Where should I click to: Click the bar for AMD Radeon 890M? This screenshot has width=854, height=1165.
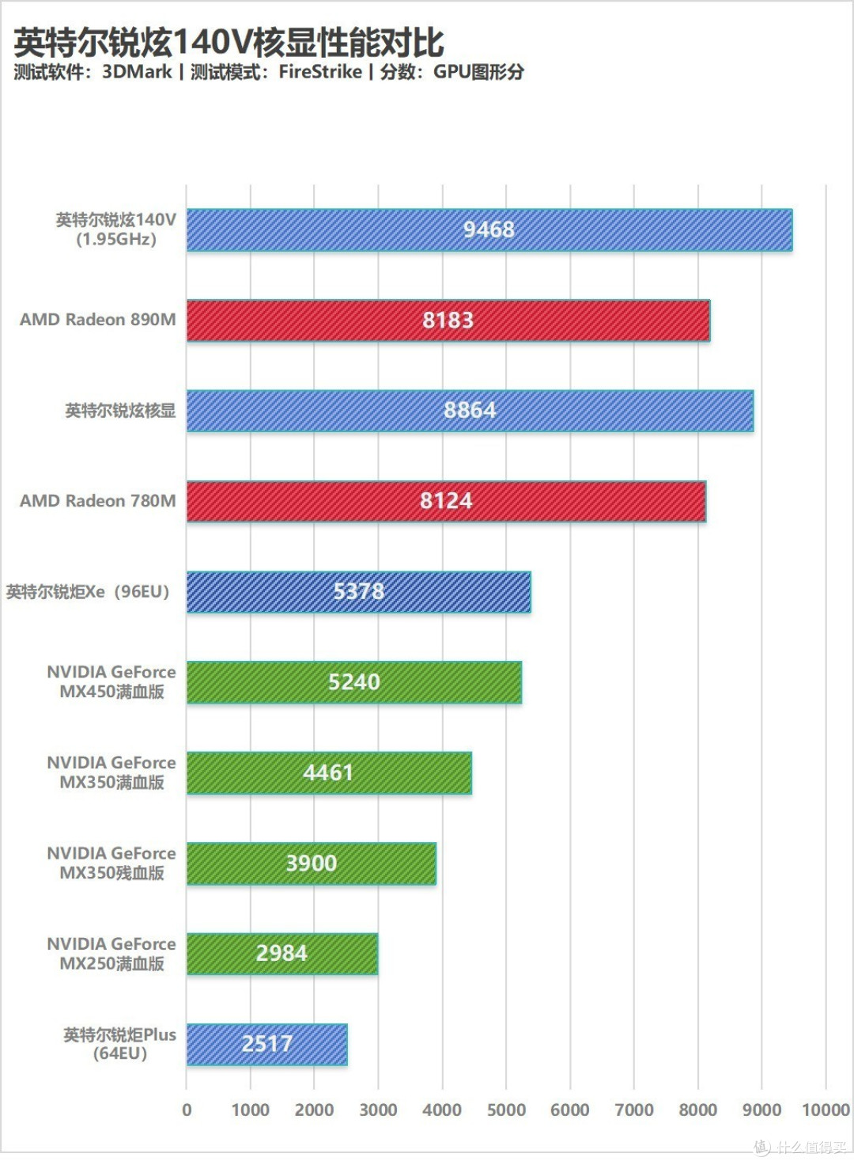coord(448,321)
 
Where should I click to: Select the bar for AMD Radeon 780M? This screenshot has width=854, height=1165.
coord(446,501)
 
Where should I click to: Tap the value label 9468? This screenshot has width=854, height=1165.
coord(489,230)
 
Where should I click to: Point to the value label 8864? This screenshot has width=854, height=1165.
coord(470,410)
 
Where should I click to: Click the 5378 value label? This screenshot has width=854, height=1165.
coord(359,592)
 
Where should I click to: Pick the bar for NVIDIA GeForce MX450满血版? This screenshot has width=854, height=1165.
coord(354,682)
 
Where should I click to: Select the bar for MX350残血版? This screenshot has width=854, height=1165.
coord(312,863)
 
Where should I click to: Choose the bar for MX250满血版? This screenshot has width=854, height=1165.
coord(282,954)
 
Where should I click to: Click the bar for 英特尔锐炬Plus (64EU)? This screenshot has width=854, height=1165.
coord(266,1045)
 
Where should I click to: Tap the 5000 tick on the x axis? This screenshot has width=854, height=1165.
coord(506,1110)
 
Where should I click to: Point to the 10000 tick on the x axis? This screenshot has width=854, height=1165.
coord(826,1110)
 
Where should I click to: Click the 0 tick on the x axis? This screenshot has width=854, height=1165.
coord(187,1110)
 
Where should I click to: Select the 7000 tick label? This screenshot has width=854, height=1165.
coord(634,1110)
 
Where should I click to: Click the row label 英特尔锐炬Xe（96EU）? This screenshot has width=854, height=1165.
coord(88,592)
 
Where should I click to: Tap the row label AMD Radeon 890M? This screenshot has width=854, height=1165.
coord(98,319)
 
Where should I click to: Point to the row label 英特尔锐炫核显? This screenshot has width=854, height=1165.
coord(121,411)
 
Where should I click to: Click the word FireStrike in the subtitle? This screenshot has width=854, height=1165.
coord(320,72)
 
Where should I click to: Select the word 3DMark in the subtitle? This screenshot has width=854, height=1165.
coord(137,72)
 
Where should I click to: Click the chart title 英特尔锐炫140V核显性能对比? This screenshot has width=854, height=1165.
coord(229,43)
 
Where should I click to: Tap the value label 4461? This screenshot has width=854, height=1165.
coord(328,773)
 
